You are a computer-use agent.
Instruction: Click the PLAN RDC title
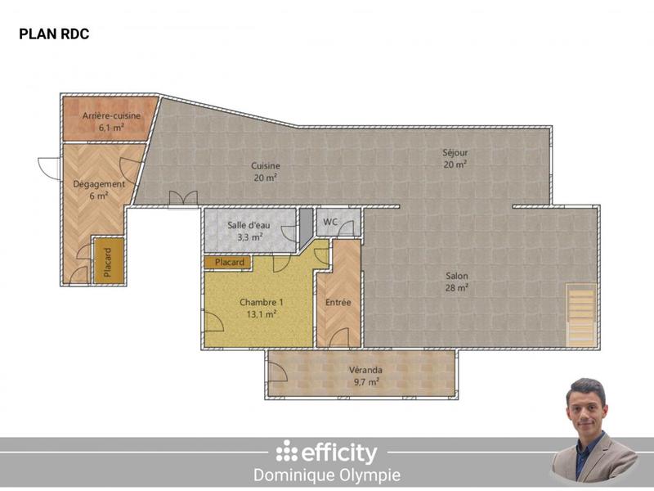[x=54, y=34]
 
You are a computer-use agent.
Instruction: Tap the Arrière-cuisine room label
[x=111, y=116]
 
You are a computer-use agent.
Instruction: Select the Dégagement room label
[x=99, y=184]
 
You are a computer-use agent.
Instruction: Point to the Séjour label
[x=455, y=152]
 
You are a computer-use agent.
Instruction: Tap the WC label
[x=331, y=222]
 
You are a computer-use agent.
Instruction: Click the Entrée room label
[x=338, y=302]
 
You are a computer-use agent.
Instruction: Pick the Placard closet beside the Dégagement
[x=107, y=260]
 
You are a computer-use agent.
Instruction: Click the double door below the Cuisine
[x=184, y=199]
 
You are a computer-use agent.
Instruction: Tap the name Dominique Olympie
[x=327, y=475]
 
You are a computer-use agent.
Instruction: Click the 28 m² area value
[x=457, y=287]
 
